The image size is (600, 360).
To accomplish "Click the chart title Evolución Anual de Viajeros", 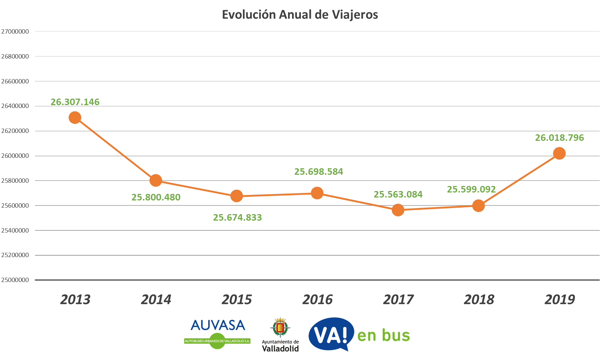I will click(x=300, y=15).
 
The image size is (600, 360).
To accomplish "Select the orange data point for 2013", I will click(x=75, y=117).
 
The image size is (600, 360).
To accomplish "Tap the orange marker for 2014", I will click(x=156, y=180).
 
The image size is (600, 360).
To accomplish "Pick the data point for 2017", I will click(x=398, y=210).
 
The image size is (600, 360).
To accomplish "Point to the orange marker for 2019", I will click(x=559, y=153).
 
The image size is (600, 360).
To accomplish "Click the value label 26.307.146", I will click(x=75, y=102).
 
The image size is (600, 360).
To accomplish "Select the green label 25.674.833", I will click(x=237, y=217).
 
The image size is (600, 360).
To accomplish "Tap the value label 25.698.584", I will click(x=318, y=172).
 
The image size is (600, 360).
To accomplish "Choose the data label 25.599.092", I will click(x=471, y=189).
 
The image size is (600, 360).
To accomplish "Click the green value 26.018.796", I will click(x=559, y=138).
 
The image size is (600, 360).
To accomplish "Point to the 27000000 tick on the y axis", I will click(x=15, y=32).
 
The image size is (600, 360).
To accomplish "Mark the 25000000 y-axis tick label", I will click(x=15, y=280).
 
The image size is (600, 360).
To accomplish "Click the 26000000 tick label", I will click(x=15, y=156).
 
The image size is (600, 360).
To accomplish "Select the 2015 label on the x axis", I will click(x=236, y=300).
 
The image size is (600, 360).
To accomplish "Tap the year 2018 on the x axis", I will click(x=479, y=300).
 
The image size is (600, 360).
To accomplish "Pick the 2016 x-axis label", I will click(x=317, y=300).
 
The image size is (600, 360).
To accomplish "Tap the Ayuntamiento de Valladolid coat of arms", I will click(x=280, y=328).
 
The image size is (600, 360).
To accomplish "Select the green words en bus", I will click(x=383, y=335).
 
